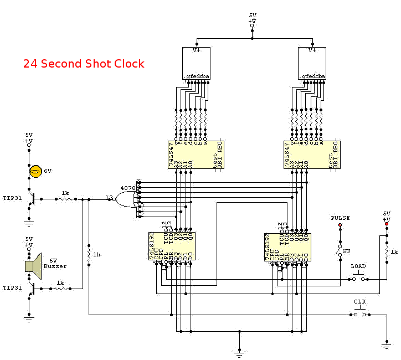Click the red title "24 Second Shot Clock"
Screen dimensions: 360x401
(x=84, y=64)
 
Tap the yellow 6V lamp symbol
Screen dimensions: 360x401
(x=35, y=171)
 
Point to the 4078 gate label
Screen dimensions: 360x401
(x=128, y=188)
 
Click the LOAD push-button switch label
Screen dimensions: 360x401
(x=358, y=266)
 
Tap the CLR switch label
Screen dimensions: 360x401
(x=360, y=302)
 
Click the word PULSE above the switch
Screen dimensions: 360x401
(x=340, y=218)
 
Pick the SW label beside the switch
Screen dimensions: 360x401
(x=346, y=251)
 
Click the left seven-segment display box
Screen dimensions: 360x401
(x=197, y=63)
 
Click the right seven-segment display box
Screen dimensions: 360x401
(x=312, y=63)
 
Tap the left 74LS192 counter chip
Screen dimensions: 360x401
(x=172, y=247)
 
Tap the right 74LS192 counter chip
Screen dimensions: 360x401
(x=288, y=247)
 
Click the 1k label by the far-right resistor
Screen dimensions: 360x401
(x=394, y=251)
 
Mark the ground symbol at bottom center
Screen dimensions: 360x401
(x=239, y=350)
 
